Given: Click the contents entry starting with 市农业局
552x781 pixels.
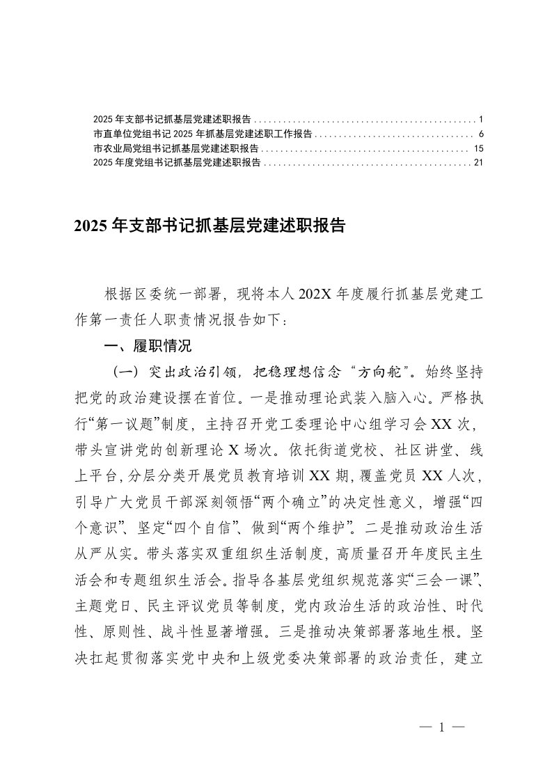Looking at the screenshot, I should coord(175,148).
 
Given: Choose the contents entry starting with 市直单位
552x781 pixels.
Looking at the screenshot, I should coord(202,132).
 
